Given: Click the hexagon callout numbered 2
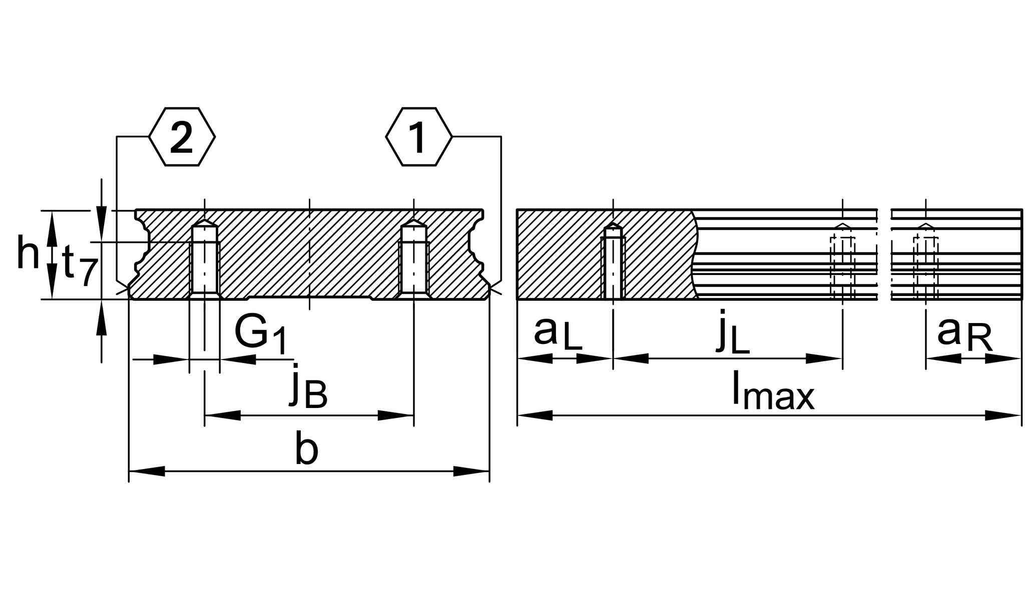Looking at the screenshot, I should [x=182, y=136].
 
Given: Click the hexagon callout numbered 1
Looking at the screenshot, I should [x=418, y=136].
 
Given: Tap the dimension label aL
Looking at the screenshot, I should [x=558, y=334].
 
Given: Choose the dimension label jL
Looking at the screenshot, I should [x=733, y=334].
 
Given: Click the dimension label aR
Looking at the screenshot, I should [x=964, y=334].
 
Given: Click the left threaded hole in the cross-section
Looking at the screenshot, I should [x=205, y=260].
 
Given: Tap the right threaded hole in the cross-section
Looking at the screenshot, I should [x=414, y=260].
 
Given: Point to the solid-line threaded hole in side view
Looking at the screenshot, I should [x=613, y=262].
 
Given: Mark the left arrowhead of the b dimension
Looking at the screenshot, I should [x=147, y=471].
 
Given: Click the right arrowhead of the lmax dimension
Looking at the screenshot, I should [x=1003, y=415].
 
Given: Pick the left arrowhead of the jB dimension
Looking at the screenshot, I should [x=223, y=415].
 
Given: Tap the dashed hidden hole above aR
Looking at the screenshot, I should [x=926, y=265].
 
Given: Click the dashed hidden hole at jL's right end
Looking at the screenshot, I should [x=843, y=265].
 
